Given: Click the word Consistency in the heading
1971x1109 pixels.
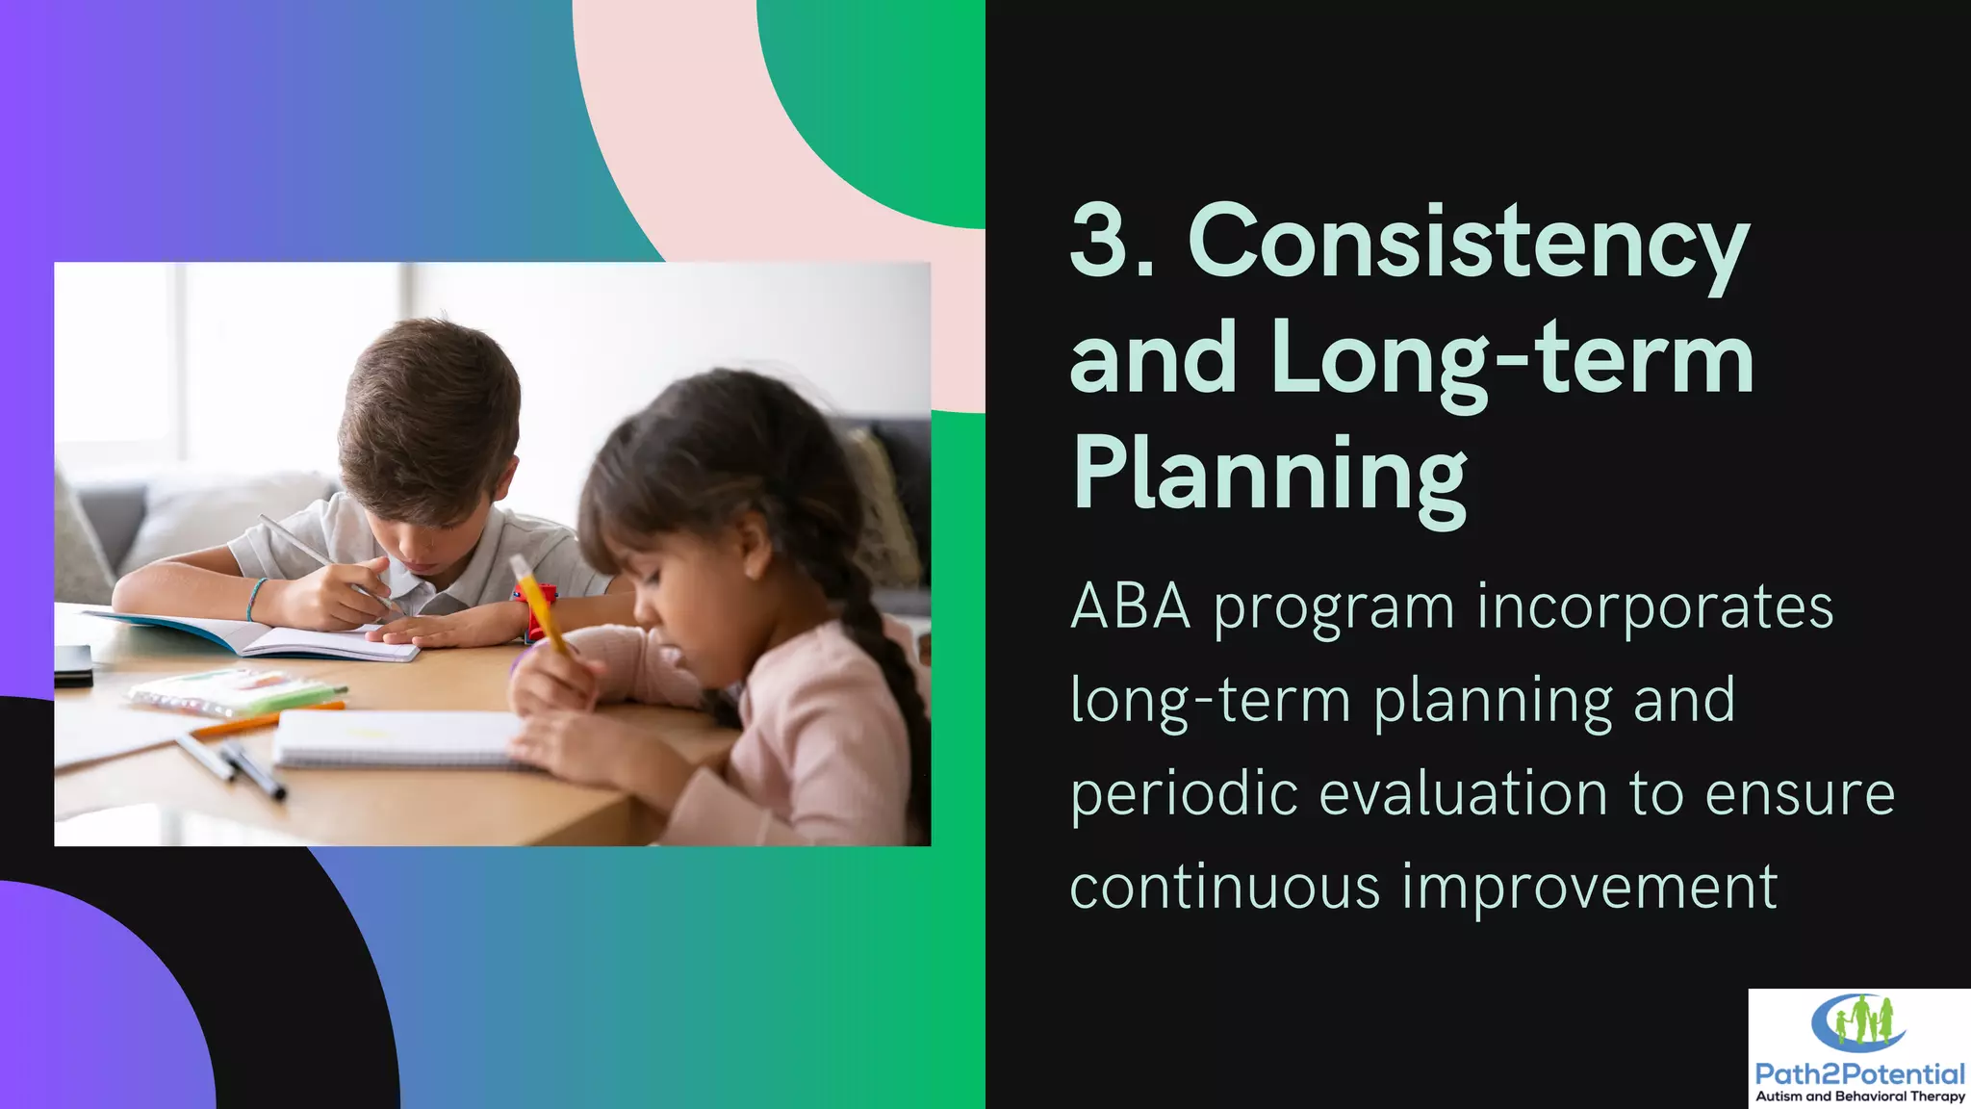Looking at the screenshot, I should point(1469,243).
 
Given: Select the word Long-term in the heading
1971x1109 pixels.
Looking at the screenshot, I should point(1511,358).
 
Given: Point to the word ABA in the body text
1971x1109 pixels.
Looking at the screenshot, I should point(1130,606).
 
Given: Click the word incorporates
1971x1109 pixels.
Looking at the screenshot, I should point(1654,606).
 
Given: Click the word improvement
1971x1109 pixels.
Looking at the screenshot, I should point(1589,887).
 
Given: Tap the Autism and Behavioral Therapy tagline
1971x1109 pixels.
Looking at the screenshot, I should point(1859,1096).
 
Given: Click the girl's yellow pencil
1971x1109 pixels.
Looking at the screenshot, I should point(542,606).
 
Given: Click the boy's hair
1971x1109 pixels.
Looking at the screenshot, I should point(433,404).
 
